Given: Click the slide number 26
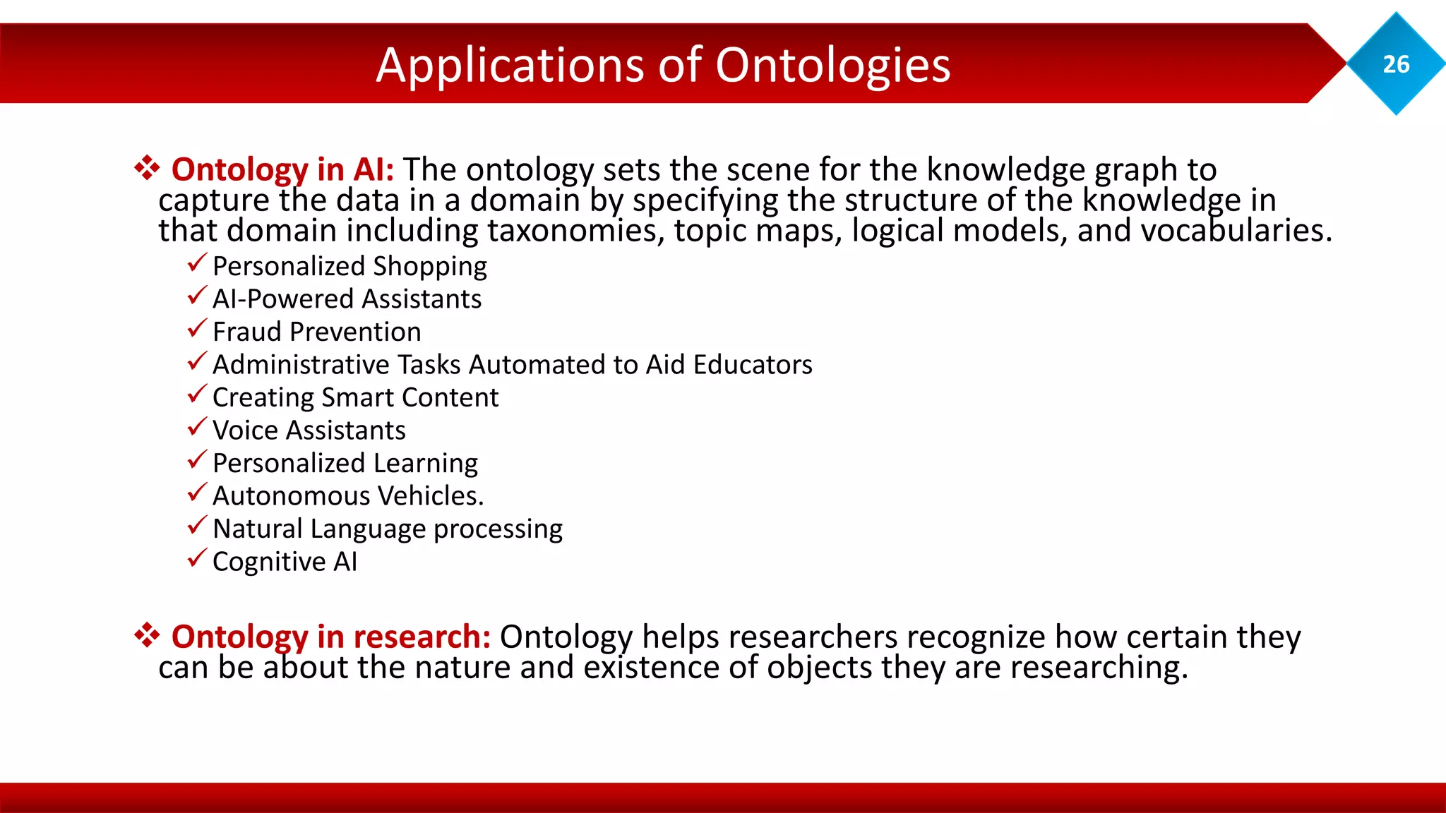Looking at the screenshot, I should coord(1395,64).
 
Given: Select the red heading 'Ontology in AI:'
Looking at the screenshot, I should coord(282,170).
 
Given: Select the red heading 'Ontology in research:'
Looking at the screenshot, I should coord(330,637).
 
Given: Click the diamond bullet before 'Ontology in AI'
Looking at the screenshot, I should coord(147,168).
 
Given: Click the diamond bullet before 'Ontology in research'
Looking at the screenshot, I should coord(147,635).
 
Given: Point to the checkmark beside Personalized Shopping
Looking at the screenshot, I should coord(197,263).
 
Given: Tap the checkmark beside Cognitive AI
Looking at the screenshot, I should coord(197,558).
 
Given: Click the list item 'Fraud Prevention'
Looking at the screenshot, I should coord(316,332).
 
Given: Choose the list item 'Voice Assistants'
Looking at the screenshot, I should coord(309,430).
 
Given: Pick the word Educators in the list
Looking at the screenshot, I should coord(753,365).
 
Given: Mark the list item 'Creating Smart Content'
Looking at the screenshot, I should coord(355,398).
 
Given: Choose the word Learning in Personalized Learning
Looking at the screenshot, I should coord(425,464).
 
